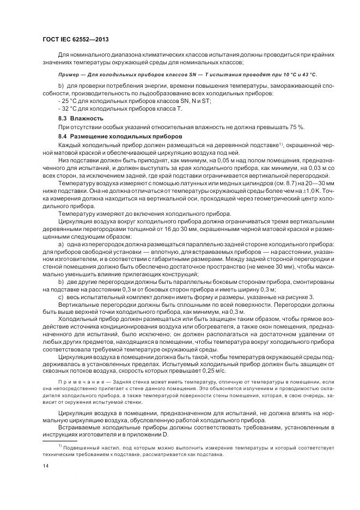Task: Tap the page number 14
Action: pos(46,466)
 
